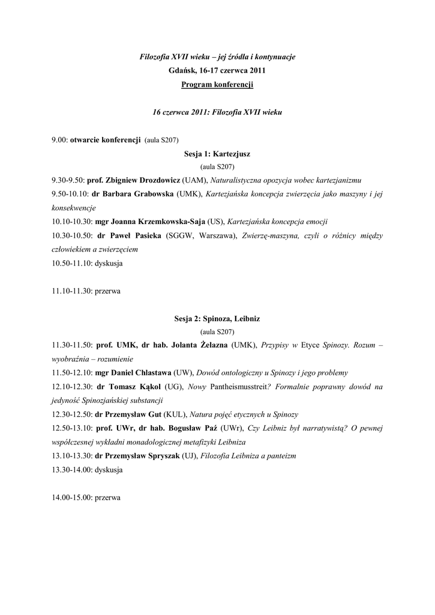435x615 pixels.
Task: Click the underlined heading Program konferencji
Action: [x=217, y=85]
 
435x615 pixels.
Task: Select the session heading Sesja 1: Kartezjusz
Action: [x=217, y=154]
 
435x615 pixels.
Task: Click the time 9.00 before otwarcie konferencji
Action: [x=59, y=140]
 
